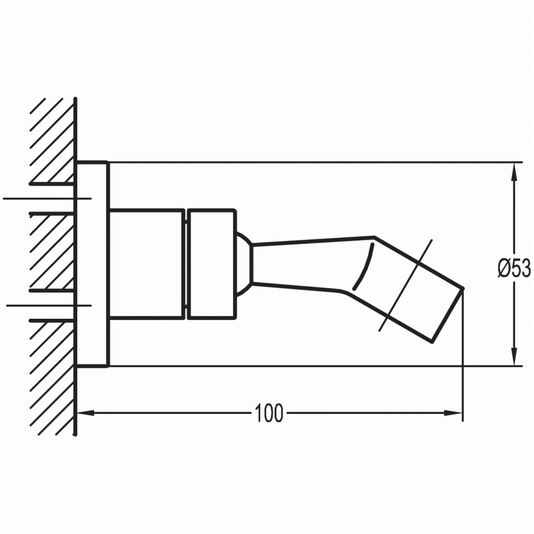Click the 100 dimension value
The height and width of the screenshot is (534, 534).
(269, 413)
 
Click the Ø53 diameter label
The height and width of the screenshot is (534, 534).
(514, 268)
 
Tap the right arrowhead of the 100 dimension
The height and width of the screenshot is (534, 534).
(453, 413)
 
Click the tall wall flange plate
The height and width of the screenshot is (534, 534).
(92, 264)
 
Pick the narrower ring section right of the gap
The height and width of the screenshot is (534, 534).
(211, 264)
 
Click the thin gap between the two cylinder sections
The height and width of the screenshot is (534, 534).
(186, 264)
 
